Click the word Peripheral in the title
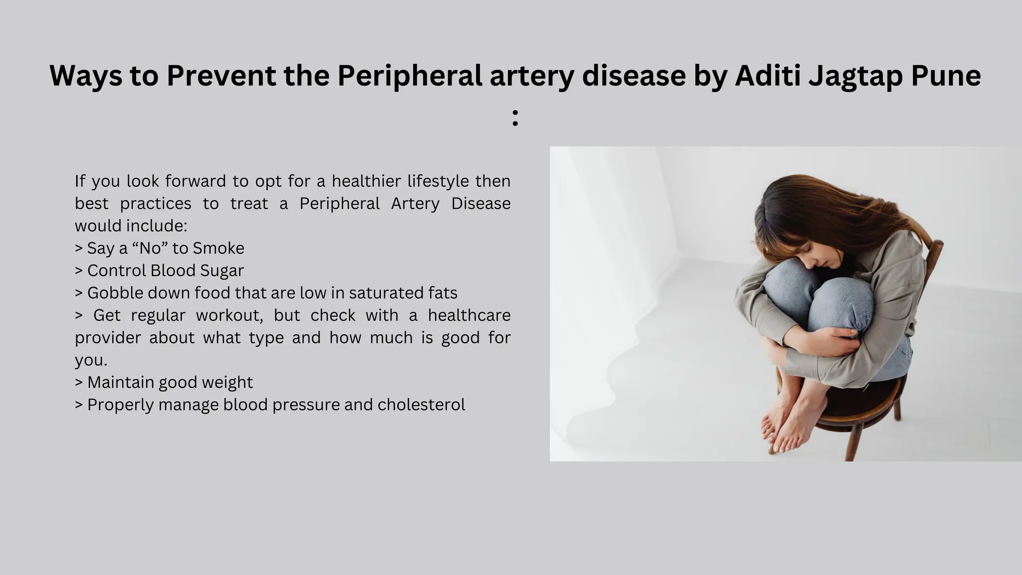tap(409, 76)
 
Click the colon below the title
tap(515, 118)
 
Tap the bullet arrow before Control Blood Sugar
tap(78, 271)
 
